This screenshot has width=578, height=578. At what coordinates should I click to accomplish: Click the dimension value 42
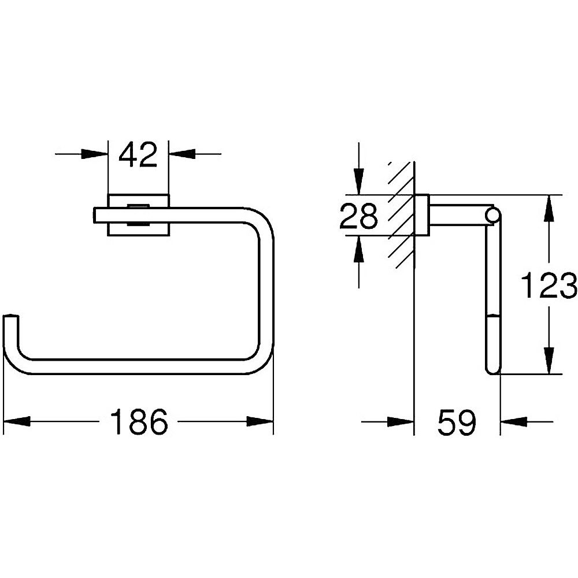click(x=138, y=155)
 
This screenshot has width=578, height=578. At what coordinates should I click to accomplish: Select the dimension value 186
click(x=139, y=421)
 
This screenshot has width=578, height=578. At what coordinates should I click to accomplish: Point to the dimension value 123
click(x=548, y=286)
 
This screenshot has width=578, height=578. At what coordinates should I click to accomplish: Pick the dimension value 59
click(x=457, y=421)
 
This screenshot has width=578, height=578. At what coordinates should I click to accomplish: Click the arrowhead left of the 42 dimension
click(x=94, y=154)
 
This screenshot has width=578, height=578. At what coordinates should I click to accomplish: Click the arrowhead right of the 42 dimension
click(x=182, y=154)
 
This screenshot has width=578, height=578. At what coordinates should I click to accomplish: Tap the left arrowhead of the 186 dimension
click(x=17, y=421)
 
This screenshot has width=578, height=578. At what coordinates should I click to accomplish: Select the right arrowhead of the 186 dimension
click(x=260, y=421)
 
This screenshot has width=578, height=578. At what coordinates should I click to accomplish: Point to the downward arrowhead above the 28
click(x=359, y=181)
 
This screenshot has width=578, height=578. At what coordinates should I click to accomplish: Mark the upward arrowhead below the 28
click(x=359, y=249)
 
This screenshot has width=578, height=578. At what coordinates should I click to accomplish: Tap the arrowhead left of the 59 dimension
click(x=401, y=421)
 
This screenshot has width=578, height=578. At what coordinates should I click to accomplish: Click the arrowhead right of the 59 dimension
click(x=513, y=421)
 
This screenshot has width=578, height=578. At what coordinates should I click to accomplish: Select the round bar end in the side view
click(x=492, y=216)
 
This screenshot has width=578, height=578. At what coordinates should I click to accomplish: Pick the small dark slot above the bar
click(x=138, y=206)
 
